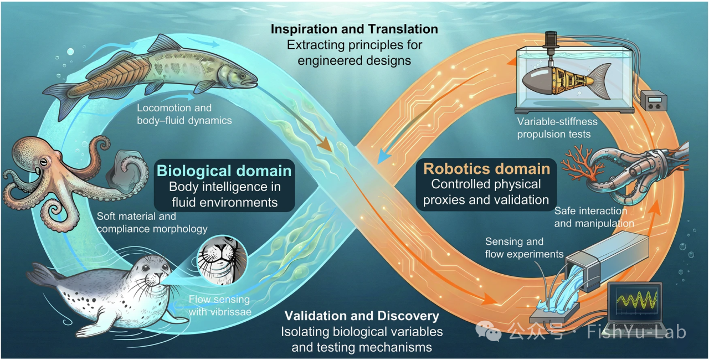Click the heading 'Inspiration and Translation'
pos(354,29)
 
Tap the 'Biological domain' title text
pos(224,171)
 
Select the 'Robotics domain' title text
pos(487,168)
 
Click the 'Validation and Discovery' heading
pos(362,316)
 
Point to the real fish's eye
pos(242,76)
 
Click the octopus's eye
pos(44,163)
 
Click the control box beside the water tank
pos(654,101)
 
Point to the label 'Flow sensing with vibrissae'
pos(220,306)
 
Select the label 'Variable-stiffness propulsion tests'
pos(557,128)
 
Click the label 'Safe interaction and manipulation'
pos(594,217)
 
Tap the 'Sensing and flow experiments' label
pos(524,248)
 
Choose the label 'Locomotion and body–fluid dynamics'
pos(184,114)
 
